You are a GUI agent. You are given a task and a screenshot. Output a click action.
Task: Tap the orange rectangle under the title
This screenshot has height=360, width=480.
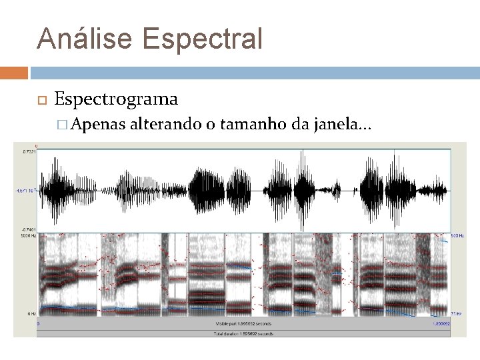[14, 73]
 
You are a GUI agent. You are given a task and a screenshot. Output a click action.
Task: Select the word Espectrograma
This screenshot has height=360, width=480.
[116, 99]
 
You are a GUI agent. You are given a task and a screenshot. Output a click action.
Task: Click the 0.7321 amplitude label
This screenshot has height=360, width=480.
[29, 152]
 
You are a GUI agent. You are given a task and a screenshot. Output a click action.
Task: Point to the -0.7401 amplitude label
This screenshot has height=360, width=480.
[29, 230]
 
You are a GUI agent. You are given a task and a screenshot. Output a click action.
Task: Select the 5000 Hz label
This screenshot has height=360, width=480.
[29, 235]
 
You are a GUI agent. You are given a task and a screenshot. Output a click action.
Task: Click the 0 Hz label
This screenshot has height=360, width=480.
[31, 313]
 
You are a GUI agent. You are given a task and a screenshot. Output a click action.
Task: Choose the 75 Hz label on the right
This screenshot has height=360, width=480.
[456, 313]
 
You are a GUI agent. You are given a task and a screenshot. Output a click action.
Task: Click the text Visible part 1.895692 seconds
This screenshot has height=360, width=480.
[243, 324]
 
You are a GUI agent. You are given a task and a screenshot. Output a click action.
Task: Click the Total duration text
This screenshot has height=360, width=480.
[243, 333]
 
